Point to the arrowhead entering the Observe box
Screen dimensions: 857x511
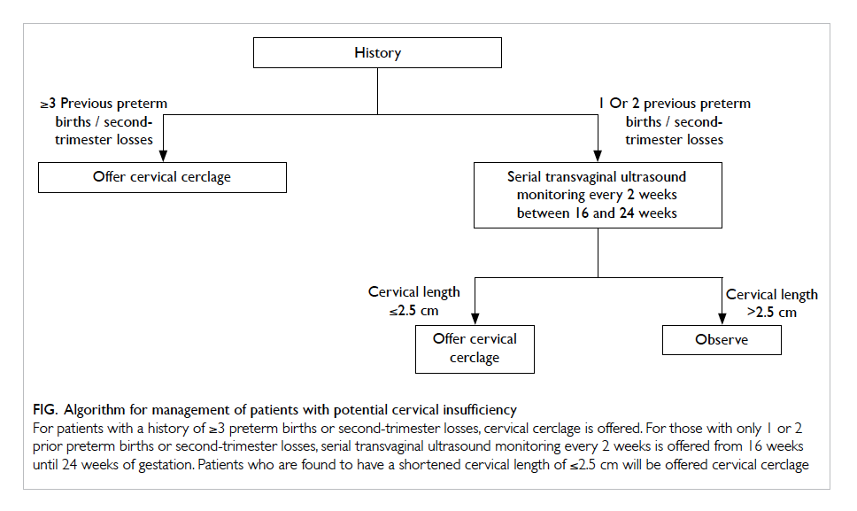722,319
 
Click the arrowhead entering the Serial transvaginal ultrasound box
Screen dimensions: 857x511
598,156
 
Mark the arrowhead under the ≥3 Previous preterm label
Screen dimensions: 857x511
162,156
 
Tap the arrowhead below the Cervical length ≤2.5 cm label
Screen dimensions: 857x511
475,319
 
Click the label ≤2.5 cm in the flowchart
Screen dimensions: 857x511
413,311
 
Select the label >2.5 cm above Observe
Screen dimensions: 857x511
772,313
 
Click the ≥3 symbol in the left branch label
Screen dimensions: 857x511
48,104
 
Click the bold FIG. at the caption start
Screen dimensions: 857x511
45,410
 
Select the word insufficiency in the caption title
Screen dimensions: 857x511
480,410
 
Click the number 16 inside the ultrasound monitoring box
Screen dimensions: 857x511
581,213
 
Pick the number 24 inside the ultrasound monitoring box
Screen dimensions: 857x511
626,213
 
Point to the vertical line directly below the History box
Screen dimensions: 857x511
377,91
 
